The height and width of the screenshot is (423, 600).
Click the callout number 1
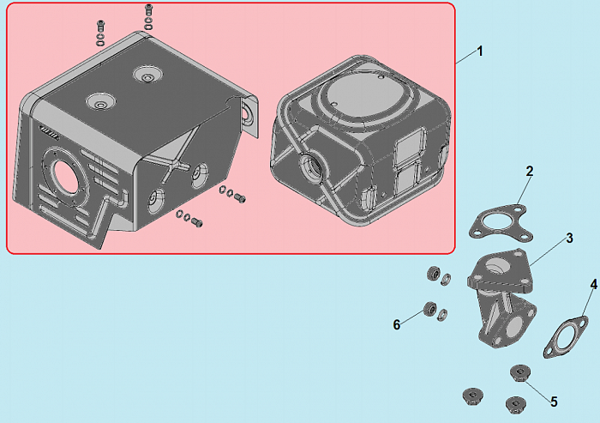pyautogui.click(x=480, y=51)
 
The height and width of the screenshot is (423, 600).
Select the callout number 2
pyautogui.click(x=529, y=172)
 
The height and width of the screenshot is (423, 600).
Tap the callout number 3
pyautogui.click(x=569, y=238)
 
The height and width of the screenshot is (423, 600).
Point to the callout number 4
pyautogui.click(x=593, y=284)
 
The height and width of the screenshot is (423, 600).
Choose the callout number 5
pyautogui.click(x=554, y=402)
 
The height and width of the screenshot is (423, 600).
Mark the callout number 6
pyautogui.click(x=397, y=325)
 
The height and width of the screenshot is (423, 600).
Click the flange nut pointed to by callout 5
pyautogui.click(x=520, y=373)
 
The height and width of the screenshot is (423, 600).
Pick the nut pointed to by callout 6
pyautogui.click(x=429, y=308)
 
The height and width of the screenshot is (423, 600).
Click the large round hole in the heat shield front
pyautogui.click(x=64, y=177)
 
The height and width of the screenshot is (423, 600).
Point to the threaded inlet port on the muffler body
pyautogui.click(x=311, y=168)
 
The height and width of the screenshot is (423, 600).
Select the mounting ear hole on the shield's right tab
pyautogui.click(x=247, y=114)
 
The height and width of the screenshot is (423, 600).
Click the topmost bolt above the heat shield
pyautogui.click(x=148, y=9)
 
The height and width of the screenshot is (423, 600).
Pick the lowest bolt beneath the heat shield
pyautogui.click(x=197, y=222)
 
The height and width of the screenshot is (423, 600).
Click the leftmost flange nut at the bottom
pyautogui.click(x=472, y=396)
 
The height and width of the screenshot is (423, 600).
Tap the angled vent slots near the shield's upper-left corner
pyautogui.click(x=49, y=132)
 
